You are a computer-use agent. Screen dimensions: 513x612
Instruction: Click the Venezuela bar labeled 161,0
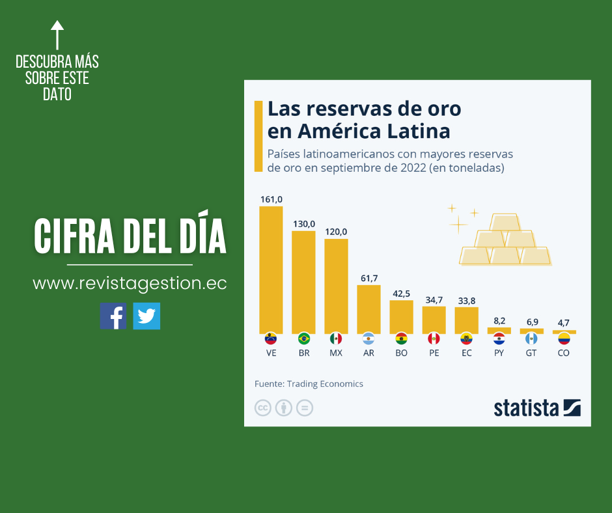pyautogui.click(x=271, y=270)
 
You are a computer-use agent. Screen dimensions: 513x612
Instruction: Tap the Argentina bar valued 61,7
pyautogui.click(x=369, y=309)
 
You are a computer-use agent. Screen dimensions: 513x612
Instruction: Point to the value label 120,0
pyautogui.click(x=336, y=232)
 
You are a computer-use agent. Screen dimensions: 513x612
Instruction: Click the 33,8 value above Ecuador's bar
pyautogui.click(x=466, y=300)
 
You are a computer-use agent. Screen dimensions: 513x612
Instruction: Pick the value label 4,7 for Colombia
pyautogui.click(x=564, y=323)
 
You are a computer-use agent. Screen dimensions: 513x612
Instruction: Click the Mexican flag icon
pyautogui.click(x=336, y=339)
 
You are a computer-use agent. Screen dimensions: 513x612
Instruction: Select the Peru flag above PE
pyautogui.click(x=434, y=339)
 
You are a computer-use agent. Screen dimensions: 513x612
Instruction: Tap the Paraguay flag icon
pyautogui.click(x=499, y=339)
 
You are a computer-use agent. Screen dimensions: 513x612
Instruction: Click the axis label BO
pyautogui.click(x=401, y=353)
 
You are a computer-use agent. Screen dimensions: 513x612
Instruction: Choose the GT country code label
pyautogui.click(x=531, y=353)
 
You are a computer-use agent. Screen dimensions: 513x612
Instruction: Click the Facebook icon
pyautogui.click(x=113, y=316)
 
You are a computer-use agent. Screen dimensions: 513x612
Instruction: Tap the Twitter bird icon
pyautogui.click(x=146, y=316)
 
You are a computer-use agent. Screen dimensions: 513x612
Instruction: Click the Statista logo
pyautogui.click(x=536, y=408)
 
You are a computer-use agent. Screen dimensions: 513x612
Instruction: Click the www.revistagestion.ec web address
pyautogui.click(x=130, y=284)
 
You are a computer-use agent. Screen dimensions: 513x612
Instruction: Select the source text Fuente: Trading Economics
pyautogui.click(x=309, y=384)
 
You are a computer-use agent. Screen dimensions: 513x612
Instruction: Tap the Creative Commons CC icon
pyautogui.click(x=263, y=408)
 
